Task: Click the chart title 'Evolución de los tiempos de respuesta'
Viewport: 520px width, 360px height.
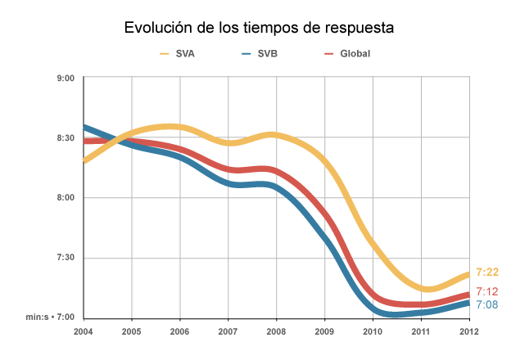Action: point(260,28)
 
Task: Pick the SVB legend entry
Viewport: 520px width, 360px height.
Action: point(267,54)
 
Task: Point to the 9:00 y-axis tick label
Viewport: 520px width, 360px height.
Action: point(66,78)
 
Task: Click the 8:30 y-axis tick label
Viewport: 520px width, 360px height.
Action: point(66,138)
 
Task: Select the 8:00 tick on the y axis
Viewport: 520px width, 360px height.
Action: point(66,198)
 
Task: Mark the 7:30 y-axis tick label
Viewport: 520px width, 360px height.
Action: point(66,258)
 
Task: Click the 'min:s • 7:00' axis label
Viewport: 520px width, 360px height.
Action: point(50,317)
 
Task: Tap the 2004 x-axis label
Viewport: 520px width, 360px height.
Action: point(84,331)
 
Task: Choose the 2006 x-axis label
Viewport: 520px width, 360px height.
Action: point(180,331)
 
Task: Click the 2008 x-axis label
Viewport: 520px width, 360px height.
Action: point(276,331)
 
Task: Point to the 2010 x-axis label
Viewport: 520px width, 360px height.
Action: point(373,331)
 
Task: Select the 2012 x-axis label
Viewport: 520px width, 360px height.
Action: point(468,331)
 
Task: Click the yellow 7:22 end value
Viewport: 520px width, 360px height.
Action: point(488,272)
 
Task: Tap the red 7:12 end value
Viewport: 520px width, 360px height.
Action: point(488,292)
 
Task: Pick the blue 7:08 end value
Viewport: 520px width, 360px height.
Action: point(488,305)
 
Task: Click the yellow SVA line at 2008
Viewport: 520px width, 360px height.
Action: point(276,134)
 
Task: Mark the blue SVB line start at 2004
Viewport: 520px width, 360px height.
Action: point(85,128)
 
